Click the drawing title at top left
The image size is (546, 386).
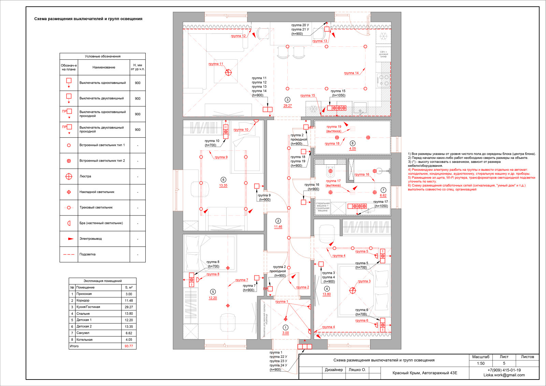pyautogui.click(x=88, y=19)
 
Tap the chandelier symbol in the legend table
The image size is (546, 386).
pyautogui.click(x=69, y=176)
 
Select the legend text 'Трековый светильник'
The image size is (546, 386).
pyautogui.click(x=96, y=207)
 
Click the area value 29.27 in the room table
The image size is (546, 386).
pyautogui.click(x=129, y=307)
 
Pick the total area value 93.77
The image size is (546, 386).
pyautogui.click(x=129, y=346)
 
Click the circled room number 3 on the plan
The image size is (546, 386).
pyautogui.click(x=288, y=100)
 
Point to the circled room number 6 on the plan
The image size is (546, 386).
pyautogui.click(x=223, y=180)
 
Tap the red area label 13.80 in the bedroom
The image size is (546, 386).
pyautogui.click(x=327, y=294)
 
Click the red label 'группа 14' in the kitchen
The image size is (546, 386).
pyautogui.click(x=351, y=73)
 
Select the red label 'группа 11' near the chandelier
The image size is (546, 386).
pyautogui.click(x=216, y=64)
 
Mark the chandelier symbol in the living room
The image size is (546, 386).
pyautogui.click(x=228, y=72)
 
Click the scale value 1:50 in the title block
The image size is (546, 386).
pyautogui.click(x=480, y=363)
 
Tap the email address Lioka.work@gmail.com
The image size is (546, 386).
pyautogui.click(x=504, y=375)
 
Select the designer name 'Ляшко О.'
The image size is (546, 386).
pyautogui.click(x=357, y=370)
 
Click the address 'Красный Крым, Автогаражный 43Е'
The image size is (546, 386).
pyautogui.click(x=425, y=373)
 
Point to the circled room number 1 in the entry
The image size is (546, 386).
pyautogui.click(x=286, y=327)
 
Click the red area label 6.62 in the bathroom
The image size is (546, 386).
pyautogui.click(x=383, y=195)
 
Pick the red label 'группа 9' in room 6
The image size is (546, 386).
pyautogui.click(x=221, y=157)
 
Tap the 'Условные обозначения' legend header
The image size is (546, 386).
pyautogui.click(x=102, y=56)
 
